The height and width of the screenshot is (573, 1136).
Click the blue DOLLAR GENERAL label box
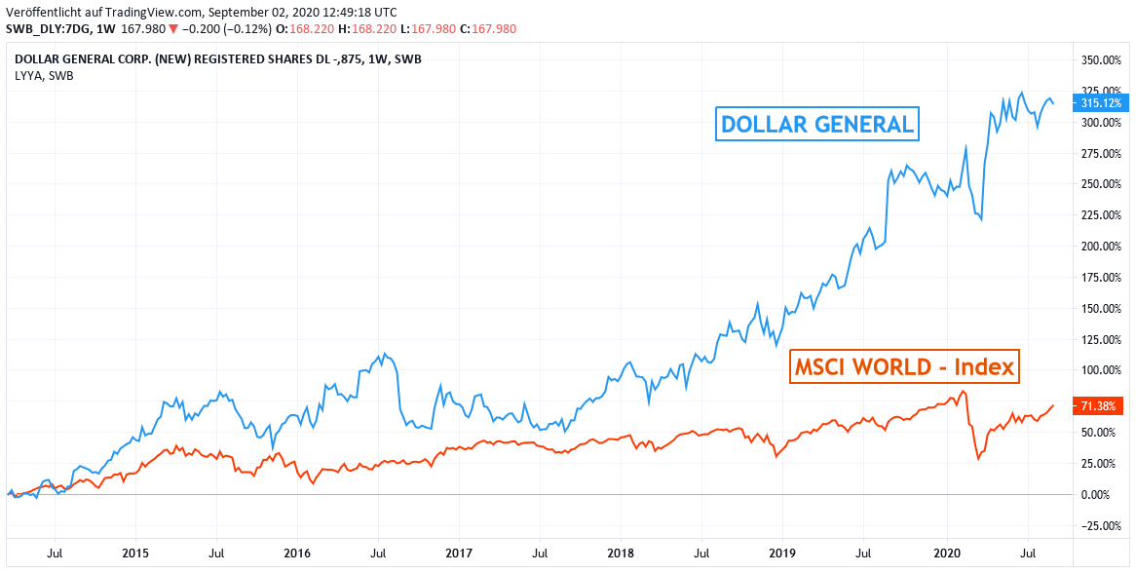[x=816, y=125]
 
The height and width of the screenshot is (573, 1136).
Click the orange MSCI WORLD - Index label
[x=903, y=367]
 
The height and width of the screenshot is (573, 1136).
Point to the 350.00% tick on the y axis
[x=1101, y=60]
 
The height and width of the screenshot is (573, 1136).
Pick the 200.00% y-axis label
[x=1101, y=246]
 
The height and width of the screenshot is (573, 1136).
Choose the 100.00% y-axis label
[x=1101, y=370]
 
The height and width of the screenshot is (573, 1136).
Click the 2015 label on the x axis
[x=135, y=553]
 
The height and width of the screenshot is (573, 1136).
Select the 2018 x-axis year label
[x=621, y=553]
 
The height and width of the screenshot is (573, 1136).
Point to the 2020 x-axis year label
[x=947, y=553]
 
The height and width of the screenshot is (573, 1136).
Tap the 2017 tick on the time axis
[x=459, y=553]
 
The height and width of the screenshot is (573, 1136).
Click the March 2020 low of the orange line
[x=978, y=459]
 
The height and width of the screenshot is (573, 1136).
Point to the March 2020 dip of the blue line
[x=981, y=219]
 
